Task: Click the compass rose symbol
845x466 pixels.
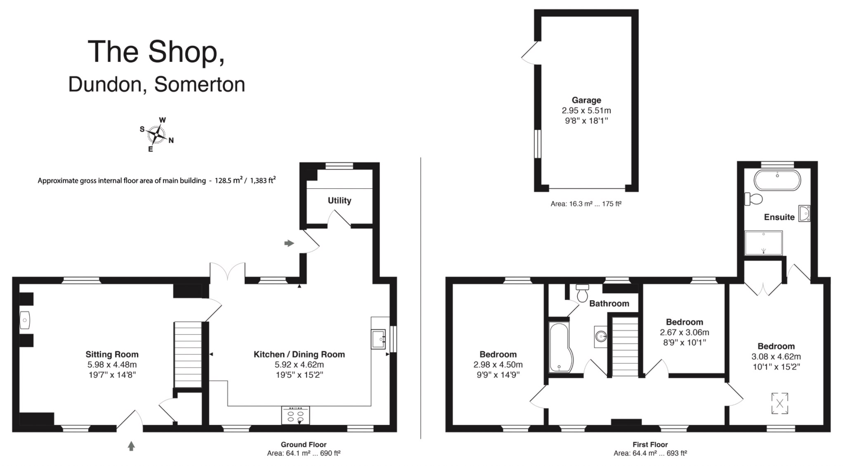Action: tap(157, 135)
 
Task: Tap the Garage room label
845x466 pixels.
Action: tap(586, 100)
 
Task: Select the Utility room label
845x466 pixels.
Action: tap(339, 200)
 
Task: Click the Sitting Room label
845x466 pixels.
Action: tap(112, 354)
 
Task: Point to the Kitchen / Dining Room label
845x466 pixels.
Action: tap(299, 354)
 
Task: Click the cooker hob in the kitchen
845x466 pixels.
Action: tap(295, 416)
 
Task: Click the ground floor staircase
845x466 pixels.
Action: tap(188, 355)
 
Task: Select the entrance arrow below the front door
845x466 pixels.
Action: tap(131, 446)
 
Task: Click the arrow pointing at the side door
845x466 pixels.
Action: tap(289, 243)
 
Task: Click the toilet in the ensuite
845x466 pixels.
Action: tap(753, 199)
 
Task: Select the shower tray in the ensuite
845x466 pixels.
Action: tap(763, 243)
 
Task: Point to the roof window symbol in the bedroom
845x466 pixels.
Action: tap(779, 403)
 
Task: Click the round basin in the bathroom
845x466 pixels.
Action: tap(601, 337)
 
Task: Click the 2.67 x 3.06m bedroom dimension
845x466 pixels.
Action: tap(684, 332)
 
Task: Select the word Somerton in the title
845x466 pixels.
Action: tap(200, 85)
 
